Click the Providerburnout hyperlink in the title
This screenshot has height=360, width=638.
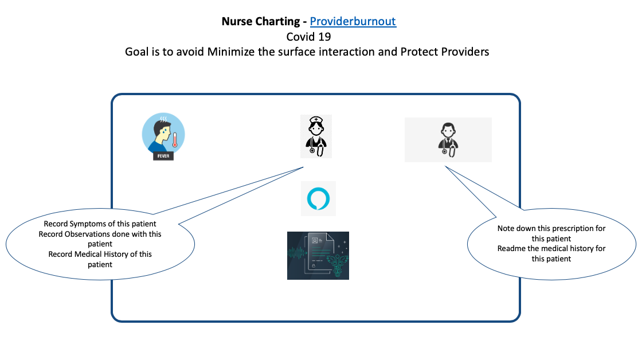pos(353,22)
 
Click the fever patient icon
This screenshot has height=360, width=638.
pos(163,136)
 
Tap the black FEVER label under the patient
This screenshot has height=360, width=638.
pos(163,155)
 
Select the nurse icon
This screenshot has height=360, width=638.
pos(316,136)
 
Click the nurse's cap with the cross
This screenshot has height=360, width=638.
pos(316,120)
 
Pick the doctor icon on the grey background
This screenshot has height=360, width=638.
pos(448,140)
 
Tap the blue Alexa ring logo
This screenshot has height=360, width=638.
pos(318,199)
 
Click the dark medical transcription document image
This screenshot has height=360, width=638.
pos(318,255)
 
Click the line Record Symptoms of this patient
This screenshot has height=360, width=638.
pos(100,224)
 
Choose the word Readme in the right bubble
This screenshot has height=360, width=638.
pos(510,248)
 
